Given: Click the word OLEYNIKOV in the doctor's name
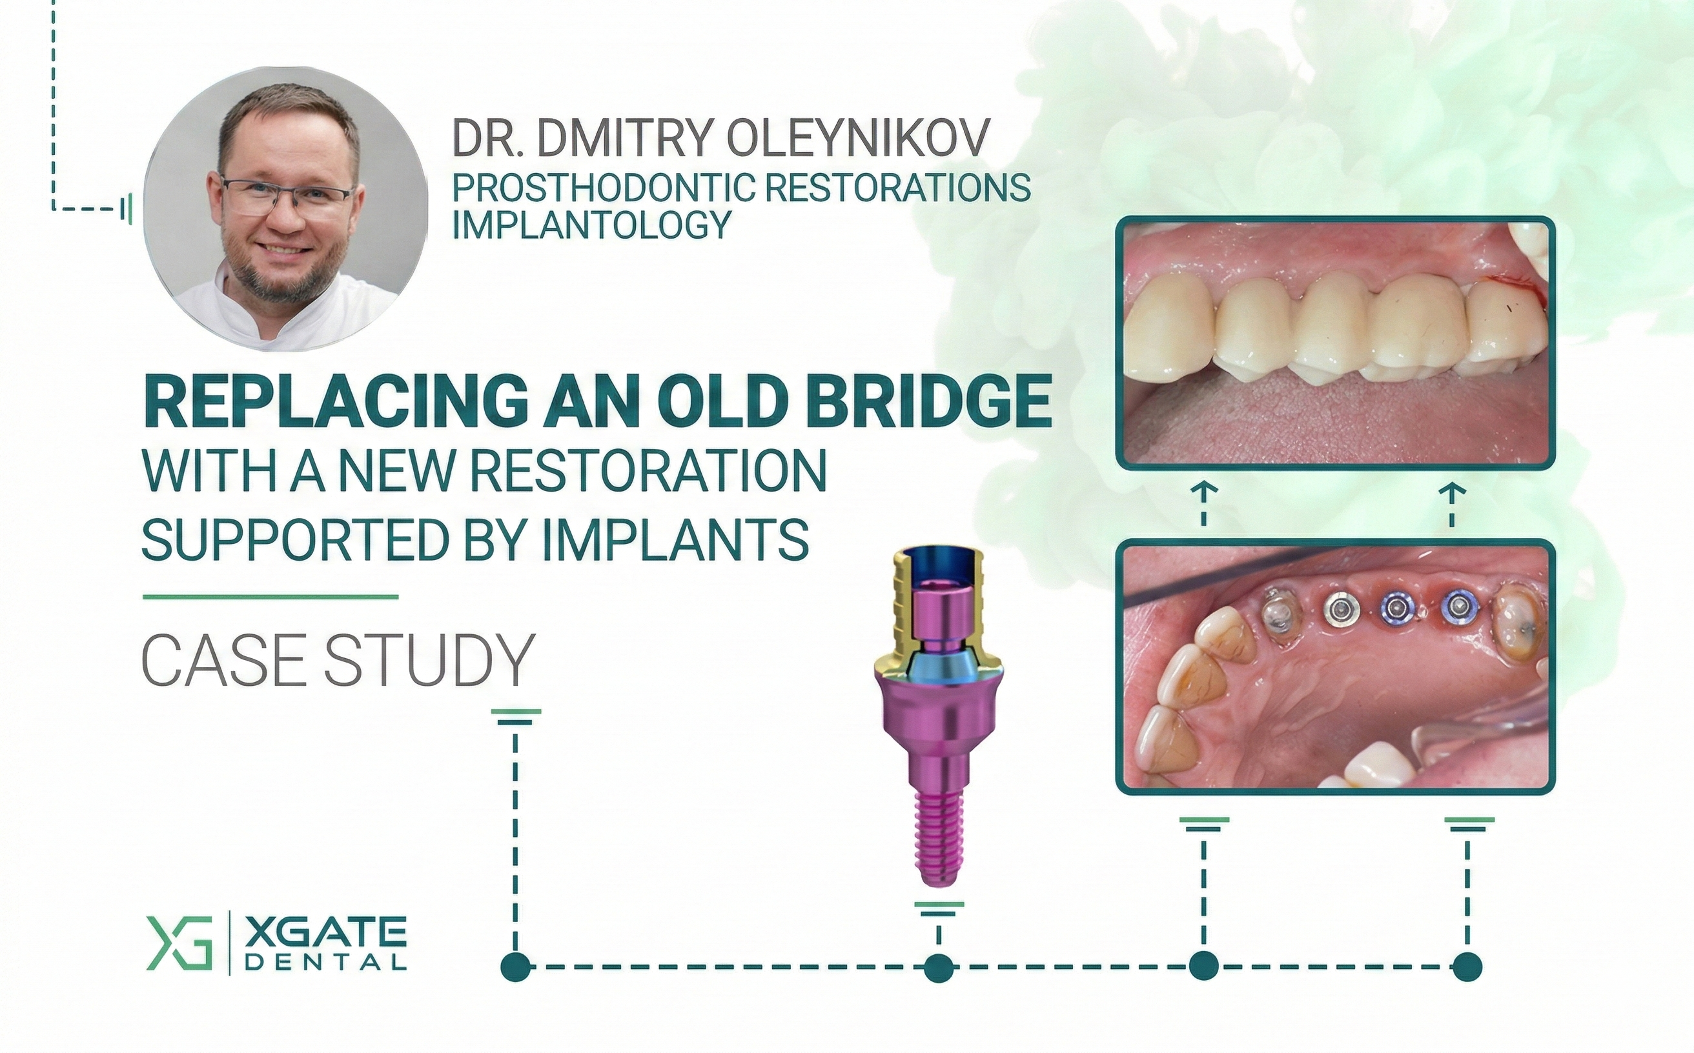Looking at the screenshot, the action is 859,139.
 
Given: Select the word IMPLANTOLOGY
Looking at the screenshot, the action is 592,225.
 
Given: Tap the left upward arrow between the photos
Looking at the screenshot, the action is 1204,504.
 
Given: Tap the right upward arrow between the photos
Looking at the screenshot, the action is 1452,504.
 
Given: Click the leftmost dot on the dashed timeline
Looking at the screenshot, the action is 516,966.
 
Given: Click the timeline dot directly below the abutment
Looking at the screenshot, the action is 938,967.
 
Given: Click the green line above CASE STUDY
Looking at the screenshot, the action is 270,597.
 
